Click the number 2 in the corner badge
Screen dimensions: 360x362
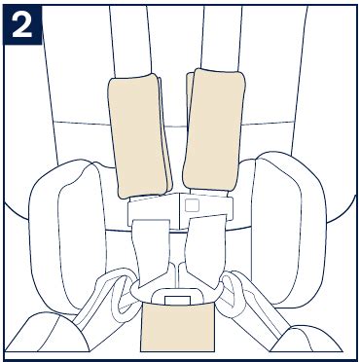click(22, 25)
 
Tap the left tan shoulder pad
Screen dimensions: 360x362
click(138, 135)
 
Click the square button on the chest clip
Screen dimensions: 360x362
click(192, 205)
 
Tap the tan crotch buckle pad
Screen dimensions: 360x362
click(177, 327)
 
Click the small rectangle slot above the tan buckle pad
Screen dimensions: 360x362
click(177, 300)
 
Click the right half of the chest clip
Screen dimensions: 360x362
click(206, 207)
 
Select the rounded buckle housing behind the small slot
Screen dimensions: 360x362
click(177, 295)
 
